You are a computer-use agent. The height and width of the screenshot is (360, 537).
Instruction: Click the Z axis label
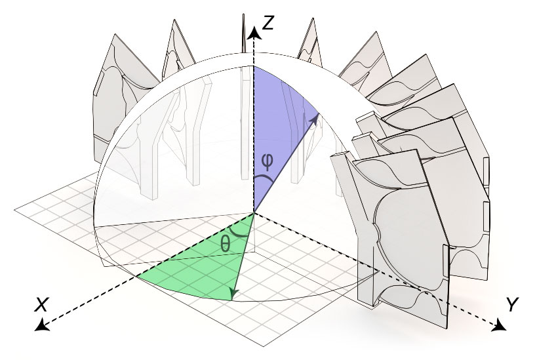[268, 23]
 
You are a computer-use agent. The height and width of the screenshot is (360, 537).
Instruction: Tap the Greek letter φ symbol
[267, 161]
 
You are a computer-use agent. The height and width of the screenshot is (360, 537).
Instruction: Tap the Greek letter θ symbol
[225, 244]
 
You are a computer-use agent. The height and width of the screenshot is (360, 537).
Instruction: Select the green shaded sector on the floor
[197, 269]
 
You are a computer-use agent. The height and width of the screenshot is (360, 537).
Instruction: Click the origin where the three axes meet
[254, 212]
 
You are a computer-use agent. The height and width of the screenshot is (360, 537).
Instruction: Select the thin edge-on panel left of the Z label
[243, 33]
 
